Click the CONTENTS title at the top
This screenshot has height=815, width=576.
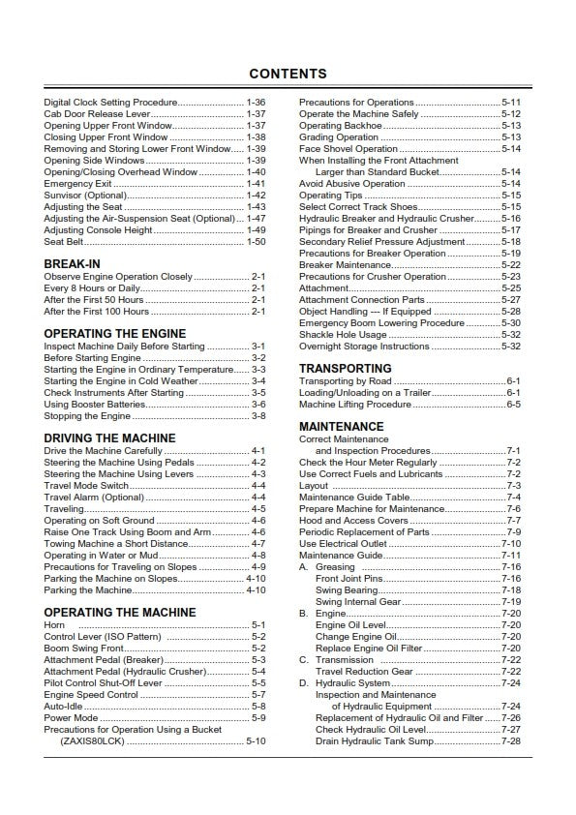(x=288, y=74)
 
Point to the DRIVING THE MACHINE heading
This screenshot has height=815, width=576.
(x=109, y=438)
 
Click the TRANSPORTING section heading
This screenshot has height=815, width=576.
(x=345, y=369)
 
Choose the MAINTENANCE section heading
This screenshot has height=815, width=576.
(x=341, y=426)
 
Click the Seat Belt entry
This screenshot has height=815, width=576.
(x=64, y=242)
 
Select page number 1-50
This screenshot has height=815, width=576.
(x=256, y=242)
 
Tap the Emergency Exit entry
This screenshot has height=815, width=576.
(x=77, y=184)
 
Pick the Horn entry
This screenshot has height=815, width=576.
(x=54, y=625)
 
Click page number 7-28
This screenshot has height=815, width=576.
(x=510, y=740)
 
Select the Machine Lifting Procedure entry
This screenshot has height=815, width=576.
(x=354, y=405)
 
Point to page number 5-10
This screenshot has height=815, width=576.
(x=256, y=740)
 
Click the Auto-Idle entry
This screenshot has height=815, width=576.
(x=64, y=707)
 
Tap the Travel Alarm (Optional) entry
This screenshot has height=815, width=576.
(x=94, y=497)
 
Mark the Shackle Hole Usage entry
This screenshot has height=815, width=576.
(x=343, y=334)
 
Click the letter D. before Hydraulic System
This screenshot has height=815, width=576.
(x=303, y=683)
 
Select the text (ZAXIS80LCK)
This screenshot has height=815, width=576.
(x=92, y=740)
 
